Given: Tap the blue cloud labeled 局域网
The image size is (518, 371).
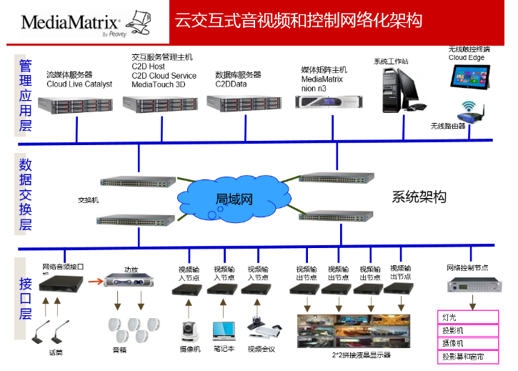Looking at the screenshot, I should [233, 197].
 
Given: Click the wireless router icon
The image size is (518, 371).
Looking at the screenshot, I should [472, 112].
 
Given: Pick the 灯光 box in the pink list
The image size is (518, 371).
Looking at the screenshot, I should [467, 316].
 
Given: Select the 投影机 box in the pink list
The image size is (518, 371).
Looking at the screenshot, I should [467, 330].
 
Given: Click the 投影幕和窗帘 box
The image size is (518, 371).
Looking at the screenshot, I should [467, 355].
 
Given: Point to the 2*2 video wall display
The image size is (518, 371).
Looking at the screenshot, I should [352, 330].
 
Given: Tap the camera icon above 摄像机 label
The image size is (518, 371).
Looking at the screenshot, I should [189, 330].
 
